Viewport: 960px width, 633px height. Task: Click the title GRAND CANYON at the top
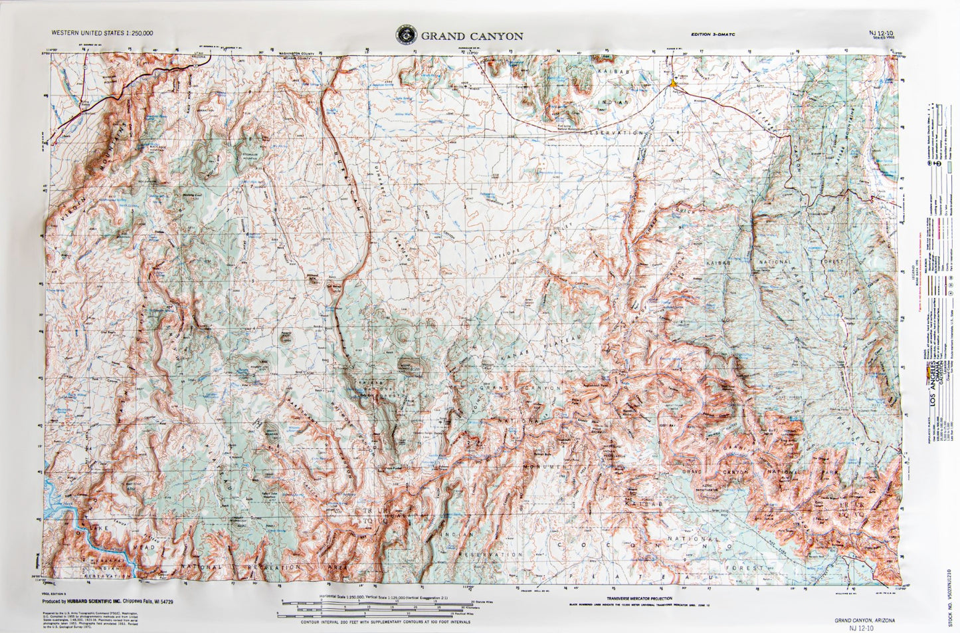tap(472, 36)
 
